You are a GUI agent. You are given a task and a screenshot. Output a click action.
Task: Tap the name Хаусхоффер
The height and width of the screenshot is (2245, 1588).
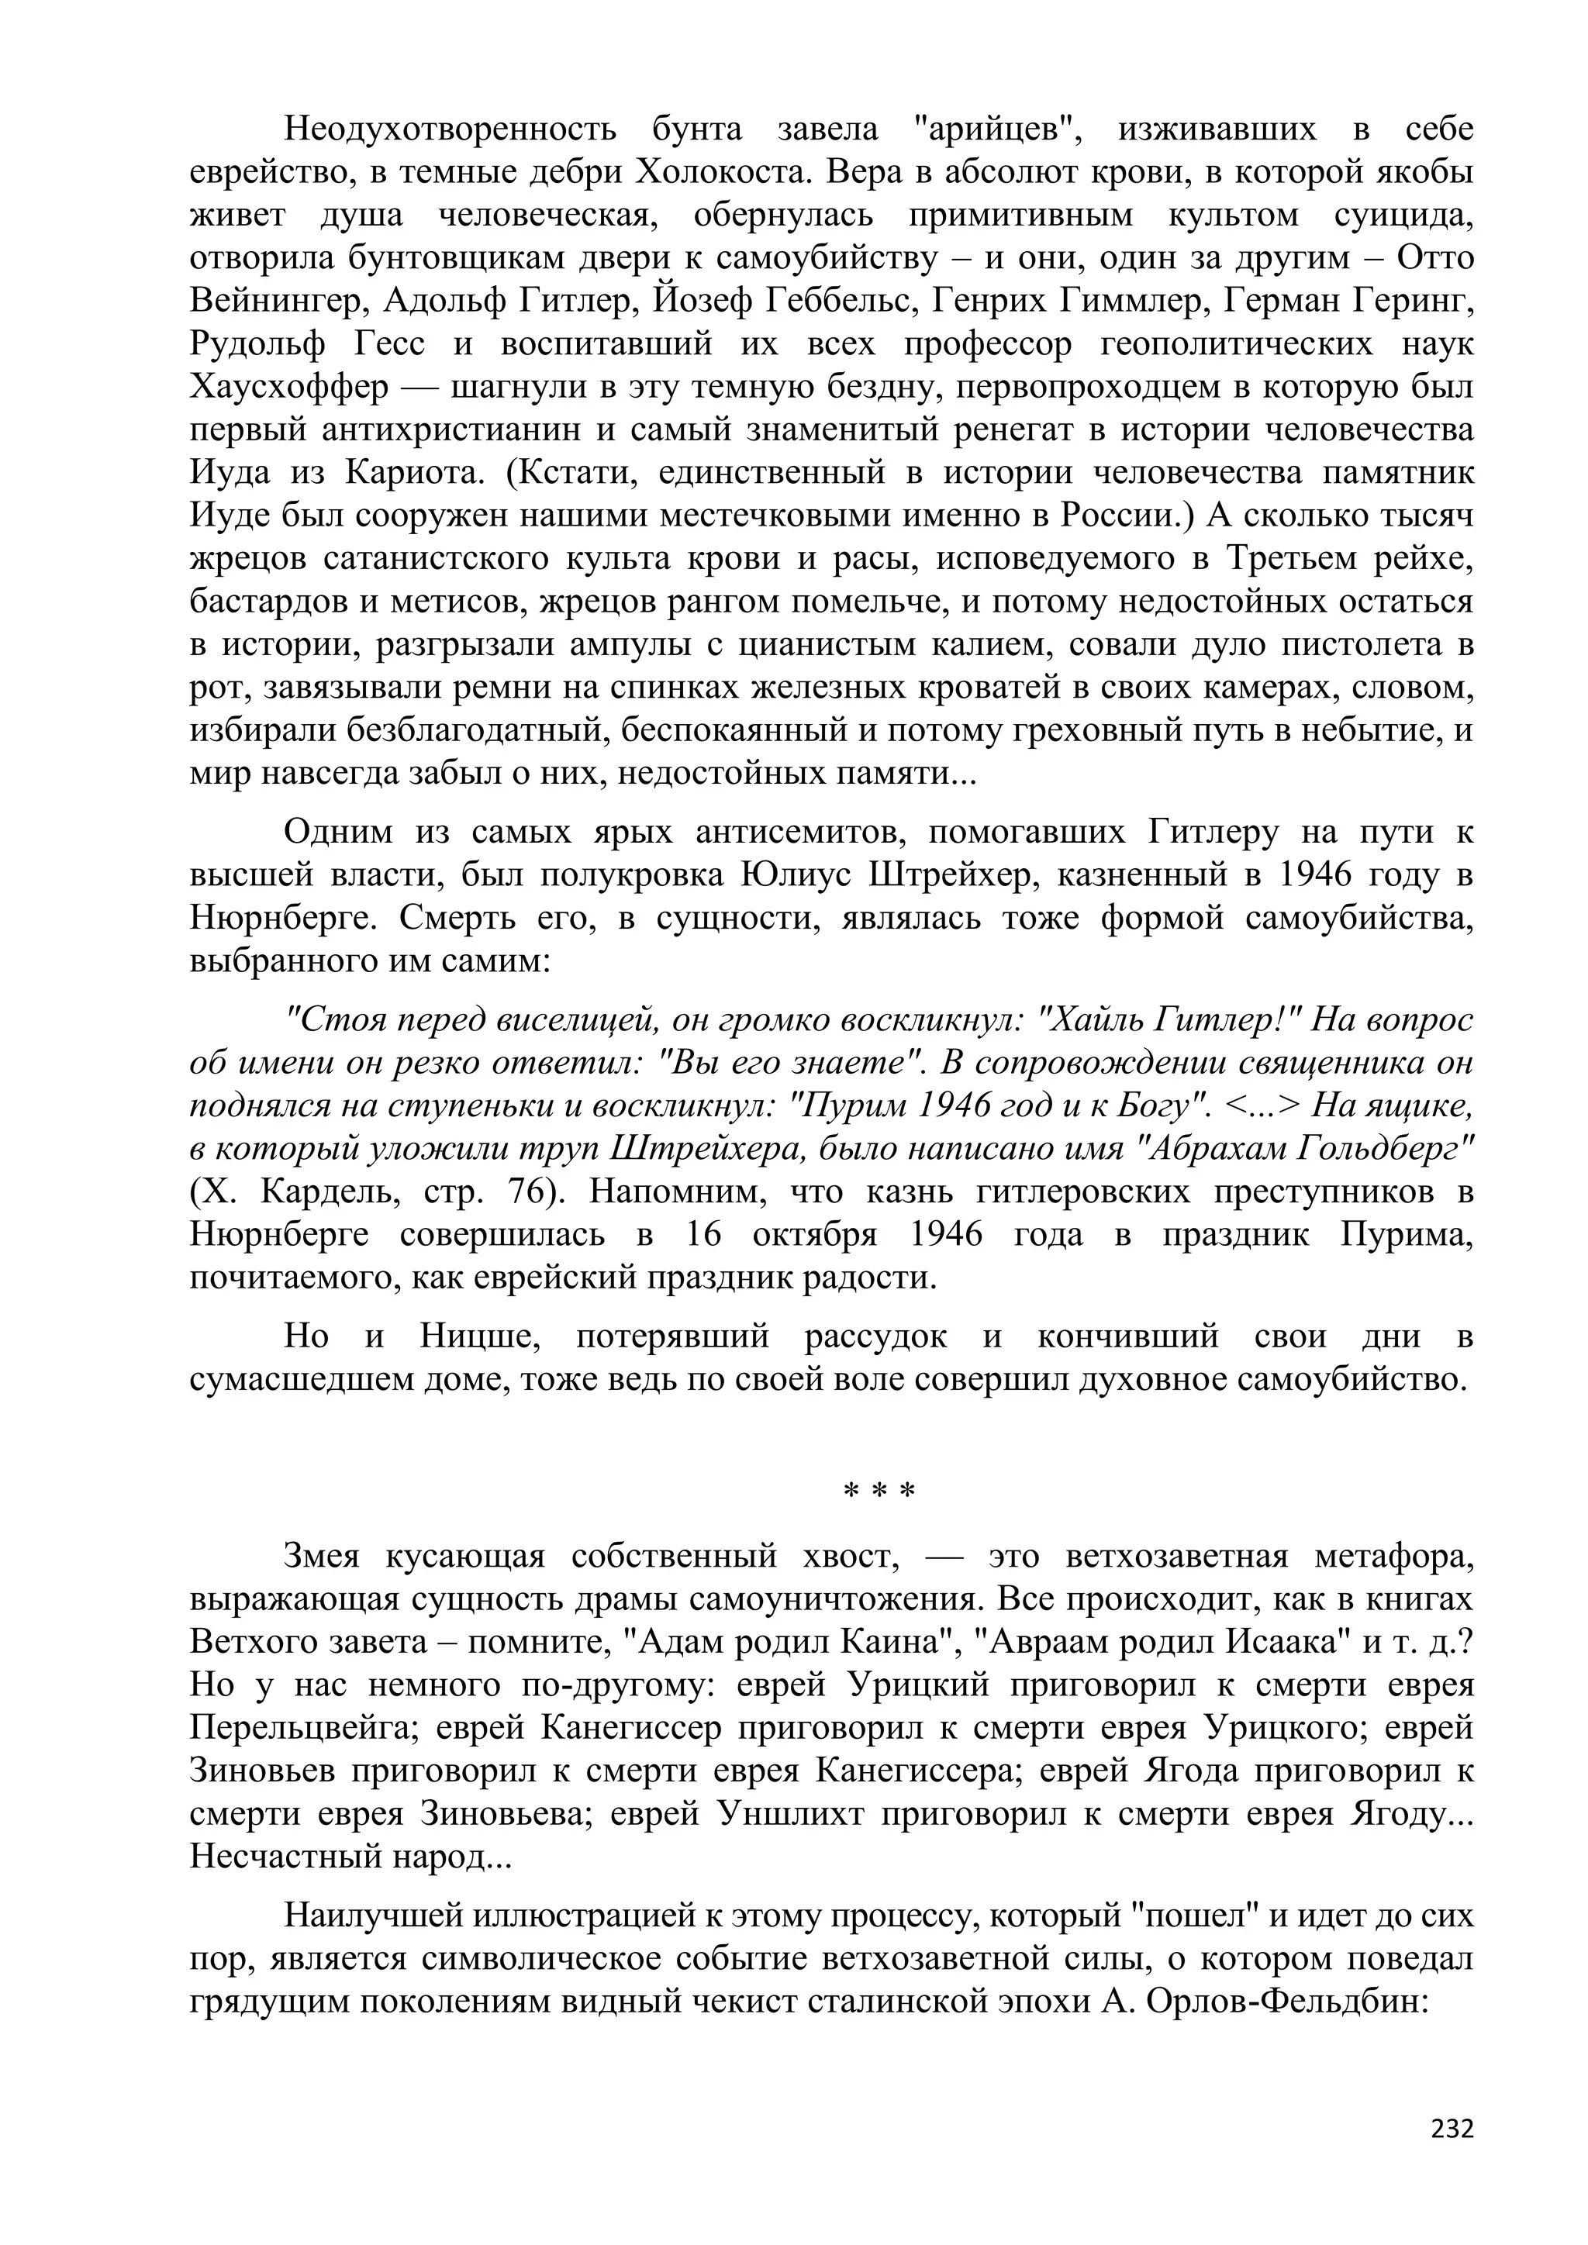[289, 388]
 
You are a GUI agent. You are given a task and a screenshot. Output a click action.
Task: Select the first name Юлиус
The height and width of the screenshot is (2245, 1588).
[793, 876]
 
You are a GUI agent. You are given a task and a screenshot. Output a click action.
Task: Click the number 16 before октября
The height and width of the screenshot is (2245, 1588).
[701, 1236]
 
